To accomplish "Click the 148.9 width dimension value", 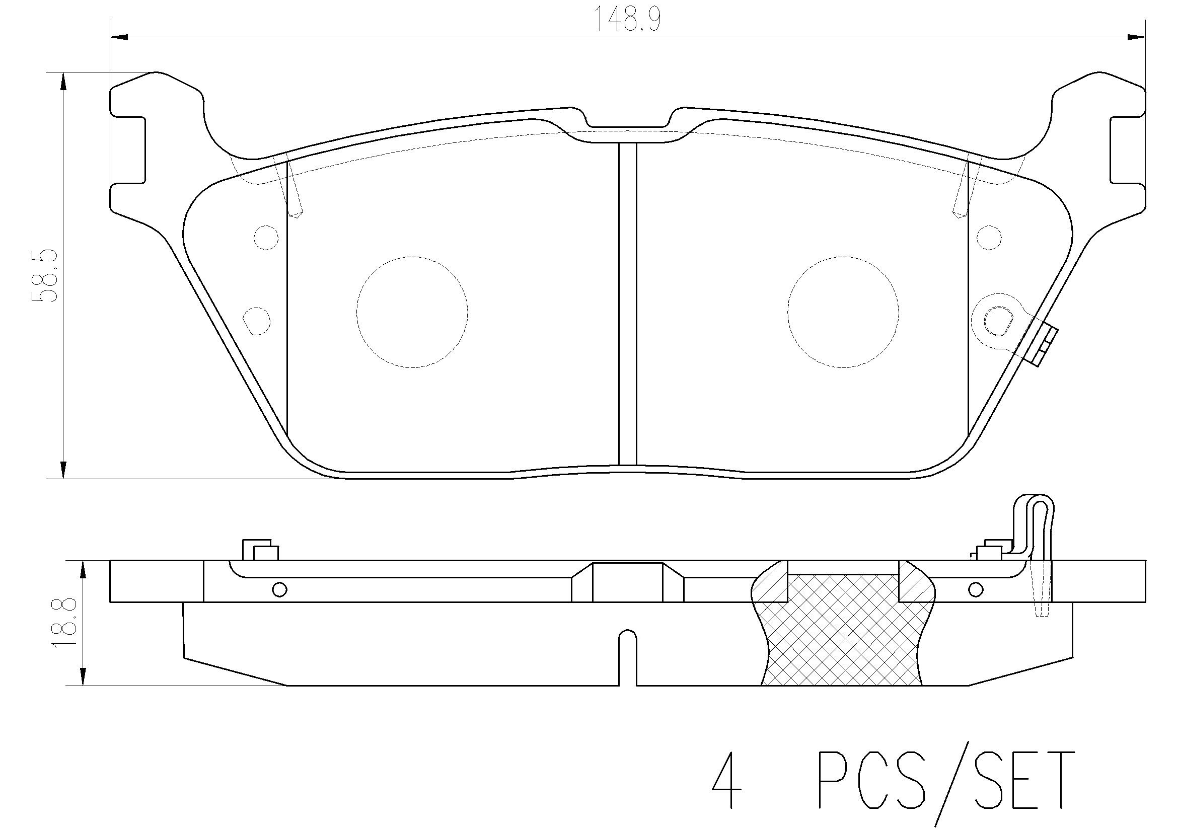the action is [x=627, y=20].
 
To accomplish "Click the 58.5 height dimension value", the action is [x=44, y=277].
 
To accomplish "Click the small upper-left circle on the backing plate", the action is [x=266, y=238].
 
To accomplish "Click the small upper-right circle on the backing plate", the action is [x=989, y=238].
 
